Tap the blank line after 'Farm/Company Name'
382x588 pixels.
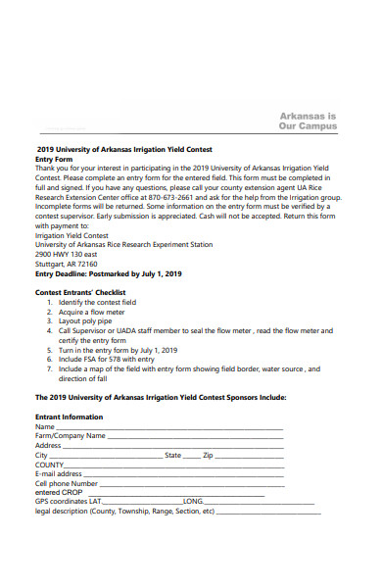pyautogui.click(x=196, y=436)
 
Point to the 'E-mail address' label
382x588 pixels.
pyautogui.click(x=58, y=473)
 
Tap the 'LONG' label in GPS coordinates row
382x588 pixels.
pyautogui.click(x=193, y=501)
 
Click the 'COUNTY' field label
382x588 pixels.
pyautogui.click(x=50, y=465)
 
